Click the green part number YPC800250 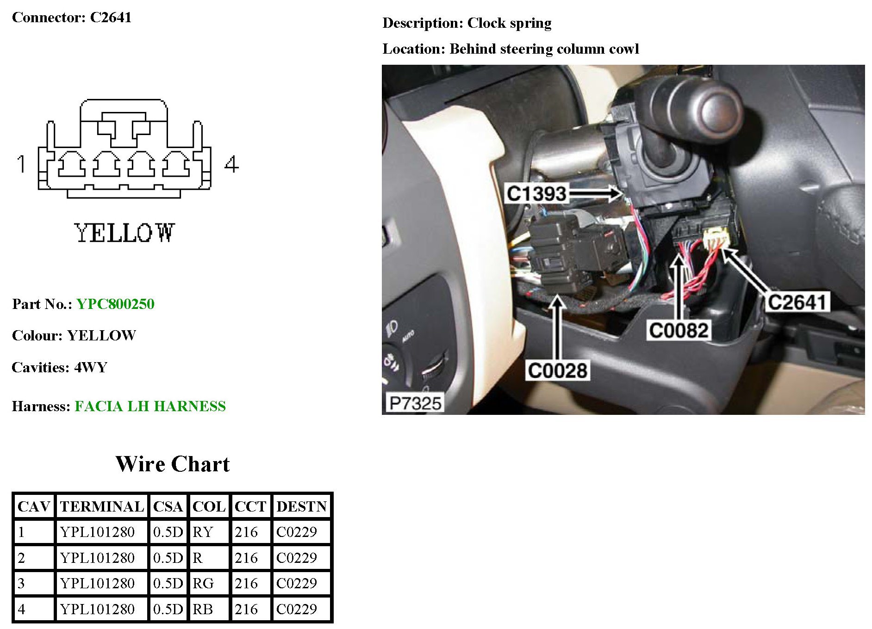pos(115,304)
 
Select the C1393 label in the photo pos(536,193)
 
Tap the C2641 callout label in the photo pos(797,302)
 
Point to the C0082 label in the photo pos(679,330)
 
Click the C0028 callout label pos(557,370)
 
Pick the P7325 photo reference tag pos(415,403)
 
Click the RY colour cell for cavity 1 pos(203,532)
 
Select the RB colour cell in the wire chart pos(203,609)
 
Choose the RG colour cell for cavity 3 pos(203,583)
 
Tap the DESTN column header pos(302,506)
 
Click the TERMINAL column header pos(102,506)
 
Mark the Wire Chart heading pos(173,464)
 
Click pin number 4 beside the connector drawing pos(231,164)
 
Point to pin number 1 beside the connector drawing pos(21,164)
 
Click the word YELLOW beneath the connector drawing pos(124,233)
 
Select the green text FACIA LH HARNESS pos(150,406)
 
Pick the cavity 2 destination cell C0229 pos(297,558)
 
